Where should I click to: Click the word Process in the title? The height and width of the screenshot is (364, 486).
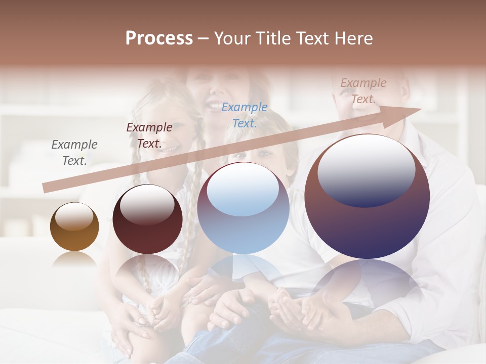159,38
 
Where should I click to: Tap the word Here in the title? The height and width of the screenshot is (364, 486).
353,38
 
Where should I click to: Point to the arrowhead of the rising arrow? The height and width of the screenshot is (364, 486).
410,112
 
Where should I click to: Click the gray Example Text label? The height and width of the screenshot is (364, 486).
74,153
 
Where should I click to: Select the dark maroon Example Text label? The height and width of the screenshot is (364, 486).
149,135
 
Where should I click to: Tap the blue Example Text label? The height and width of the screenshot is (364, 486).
245,115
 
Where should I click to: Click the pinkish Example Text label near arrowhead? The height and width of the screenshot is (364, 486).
363,91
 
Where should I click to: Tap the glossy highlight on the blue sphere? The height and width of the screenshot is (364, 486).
243,188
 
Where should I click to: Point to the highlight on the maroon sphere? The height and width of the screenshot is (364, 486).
147,204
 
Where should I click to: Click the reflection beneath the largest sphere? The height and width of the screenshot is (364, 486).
367,283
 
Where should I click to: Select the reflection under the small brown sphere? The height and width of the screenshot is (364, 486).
74,259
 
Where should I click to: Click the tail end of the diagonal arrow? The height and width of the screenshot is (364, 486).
48,187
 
